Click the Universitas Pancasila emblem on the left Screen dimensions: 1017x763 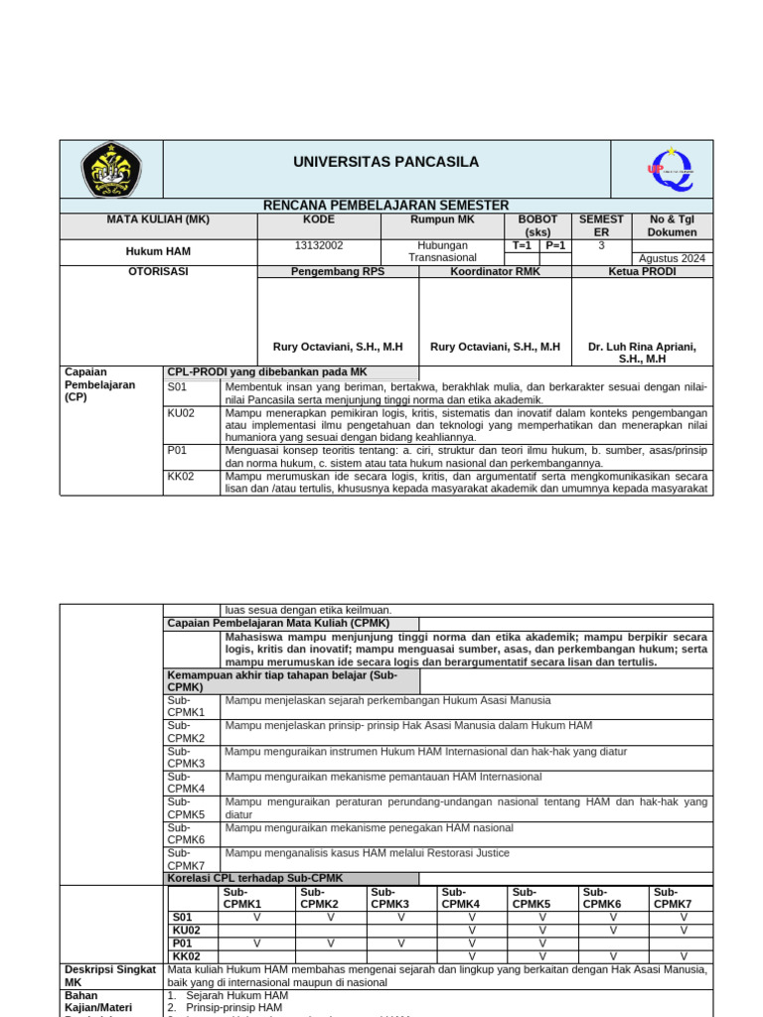[x=110, y=169]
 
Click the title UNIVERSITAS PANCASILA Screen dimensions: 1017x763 [x=385, y=162]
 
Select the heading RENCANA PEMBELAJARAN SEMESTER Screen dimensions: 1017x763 [x=385, y=206]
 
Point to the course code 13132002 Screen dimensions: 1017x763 [x=320, y=245]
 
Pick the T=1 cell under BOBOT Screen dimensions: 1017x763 [x=522, y=245]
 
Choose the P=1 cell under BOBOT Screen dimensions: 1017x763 [x=554, y=245]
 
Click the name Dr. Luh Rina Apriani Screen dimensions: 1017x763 [x=642, y=347]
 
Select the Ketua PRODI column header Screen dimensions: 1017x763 [x=642, y=271]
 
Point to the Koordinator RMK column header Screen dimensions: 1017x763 [x=495, y=271]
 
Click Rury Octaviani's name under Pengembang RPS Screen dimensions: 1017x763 [x=338, y=347]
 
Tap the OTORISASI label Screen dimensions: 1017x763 [x=109, y=271]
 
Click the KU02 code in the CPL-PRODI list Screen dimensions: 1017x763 [x=181, y=412]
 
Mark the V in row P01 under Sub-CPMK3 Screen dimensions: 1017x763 [x=401, y=944]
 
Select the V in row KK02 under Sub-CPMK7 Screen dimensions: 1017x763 [x=684, y=956]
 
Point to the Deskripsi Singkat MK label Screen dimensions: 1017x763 [x=109, y=975]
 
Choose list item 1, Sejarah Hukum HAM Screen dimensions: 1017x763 [x=234, y=995]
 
